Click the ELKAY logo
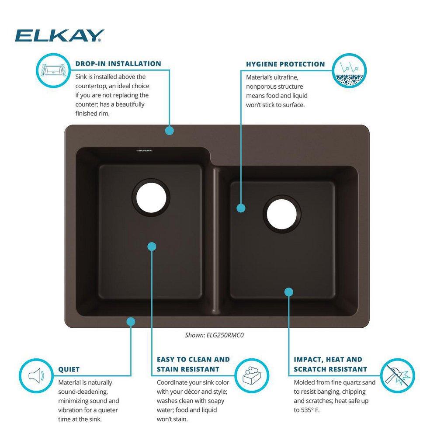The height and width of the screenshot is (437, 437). pyautogui.click(x=59, y=35)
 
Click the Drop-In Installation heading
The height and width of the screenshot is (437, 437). pyautogui.click(x=118, y=64)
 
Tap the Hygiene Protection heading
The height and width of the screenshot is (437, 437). pyautogui.click(x=285, y=64)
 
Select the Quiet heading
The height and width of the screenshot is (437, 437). pyautogui.click(x=69, y=370)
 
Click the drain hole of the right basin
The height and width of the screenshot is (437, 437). pyautogui.click(x=283, y=215)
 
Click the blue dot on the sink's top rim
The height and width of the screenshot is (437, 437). pyautogui.click(x=170, y=130)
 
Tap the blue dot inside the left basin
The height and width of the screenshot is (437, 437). pyautogui.click(x=152, y=246)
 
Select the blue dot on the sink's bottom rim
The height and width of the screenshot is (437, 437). pyautogui.click(x=130, y=322)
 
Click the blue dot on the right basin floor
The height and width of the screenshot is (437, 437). pyautogui.click(x=288, y=291)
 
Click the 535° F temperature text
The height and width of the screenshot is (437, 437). pyautogui.click(x=311, y=410)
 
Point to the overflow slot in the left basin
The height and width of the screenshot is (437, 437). pyautogui.click(x=143, y=151)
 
